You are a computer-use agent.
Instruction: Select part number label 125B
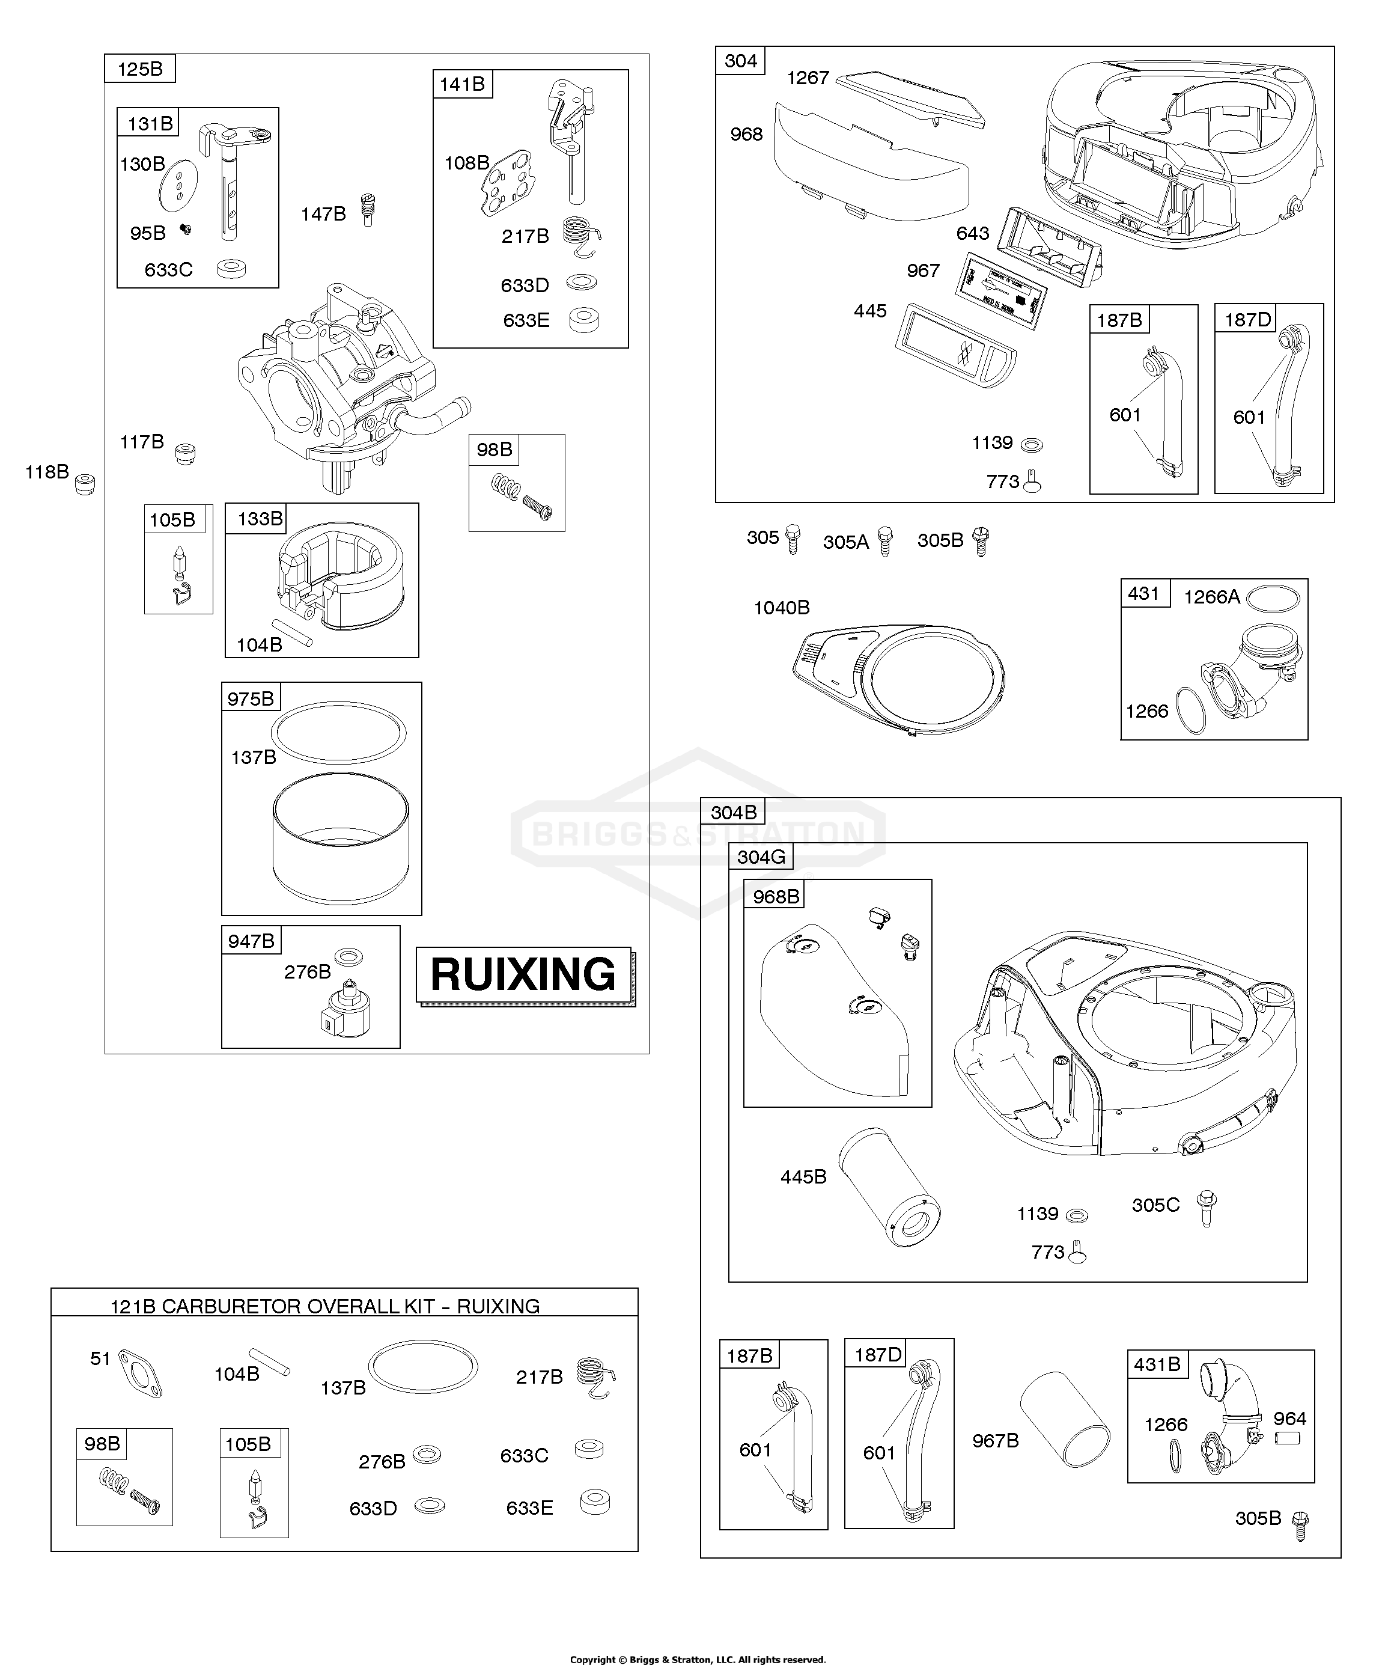click(x=140, y=69)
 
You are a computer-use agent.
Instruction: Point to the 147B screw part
click(x=367, y=209)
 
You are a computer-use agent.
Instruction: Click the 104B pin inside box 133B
click(x=292, y=633)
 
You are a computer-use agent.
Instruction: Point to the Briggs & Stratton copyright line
click(x=698, y=1659)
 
